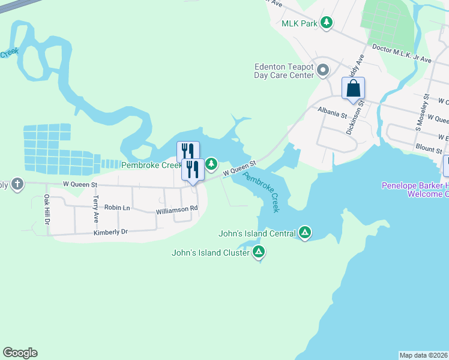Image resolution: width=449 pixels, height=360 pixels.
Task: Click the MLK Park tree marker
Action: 326,23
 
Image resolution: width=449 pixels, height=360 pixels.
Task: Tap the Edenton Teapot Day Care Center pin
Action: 322,71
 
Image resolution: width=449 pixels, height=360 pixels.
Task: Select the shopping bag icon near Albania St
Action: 354,88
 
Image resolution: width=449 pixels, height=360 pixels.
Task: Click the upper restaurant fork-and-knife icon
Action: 188,151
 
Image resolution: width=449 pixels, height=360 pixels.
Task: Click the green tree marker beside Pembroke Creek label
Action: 211,164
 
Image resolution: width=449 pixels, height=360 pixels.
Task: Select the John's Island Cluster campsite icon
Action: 259,251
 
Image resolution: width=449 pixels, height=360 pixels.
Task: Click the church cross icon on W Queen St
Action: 17,184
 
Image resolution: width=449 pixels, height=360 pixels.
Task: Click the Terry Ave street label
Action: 95,205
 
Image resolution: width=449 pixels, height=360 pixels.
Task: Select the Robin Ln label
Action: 118,207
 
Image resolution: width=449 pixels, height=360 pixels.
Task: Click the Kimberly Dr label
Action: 111,232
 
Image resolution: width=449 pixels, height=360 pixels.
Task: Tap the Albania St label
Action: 332,112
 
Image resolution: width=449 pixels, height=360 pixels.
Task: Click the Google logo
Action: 20,353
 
